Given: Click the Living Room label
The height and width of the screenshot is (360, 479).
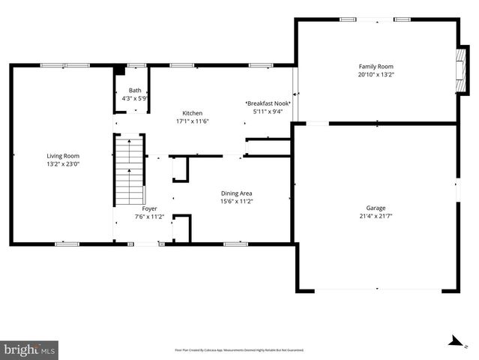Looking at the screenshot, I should (x=63, y=155).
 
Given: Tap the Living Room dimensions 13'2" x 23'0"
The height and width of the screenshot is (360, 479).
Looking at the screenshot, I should (x=63, y=163).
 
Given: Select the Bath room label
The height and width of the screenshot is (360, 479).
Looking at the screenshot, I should (x=134, y=91).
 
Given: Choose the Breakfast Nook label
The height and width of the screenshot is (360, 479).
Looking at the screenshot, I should (x=268, y=103).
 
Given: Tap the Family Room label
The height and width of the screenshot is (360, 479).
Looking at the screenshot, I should (x=376, y=67).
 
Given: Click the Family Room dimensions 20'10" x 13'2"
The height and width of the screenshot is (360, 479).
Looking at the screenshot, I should (x=376, y=75).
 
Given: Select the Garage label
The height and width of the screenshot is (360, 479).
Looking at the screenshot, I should (x=376, y=208).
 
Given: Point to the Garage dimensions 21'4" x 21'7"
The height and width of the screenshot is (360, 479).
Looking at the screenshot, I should (x=376, y=216).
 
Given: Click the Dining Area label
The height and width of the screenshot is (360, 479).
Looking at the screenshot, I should (x=236, y=193).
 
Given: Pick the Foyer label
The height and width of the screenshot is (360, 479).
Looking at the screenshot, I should (x=139, y=208).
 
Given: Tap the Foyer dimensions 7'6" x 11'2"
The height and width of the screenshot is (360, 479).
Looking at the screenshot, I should (x=139, y=216).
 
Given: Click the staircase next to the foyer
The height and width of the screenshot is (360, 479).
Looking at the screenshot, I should (x=129, y=171).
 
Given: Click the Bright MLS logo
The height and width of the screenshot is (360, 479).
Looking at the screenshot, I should (x=30, y=349).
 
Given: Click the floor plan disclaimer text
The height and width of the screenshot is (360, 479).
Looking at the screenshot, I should (x=239, y=350).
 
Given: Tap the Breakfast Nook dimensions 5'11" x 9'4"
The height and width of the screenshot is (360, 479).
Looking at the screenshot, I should (x=268, y=112).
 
